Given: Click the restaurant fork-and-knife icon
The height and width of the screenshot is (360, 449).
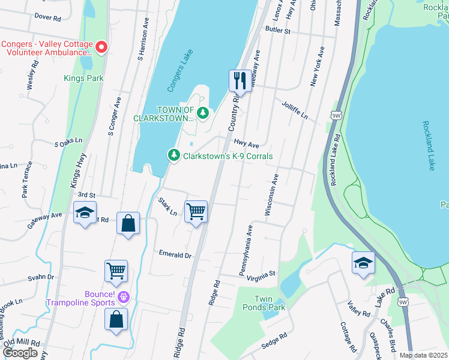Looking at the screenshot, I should pyautogui.click(x=240, y=80).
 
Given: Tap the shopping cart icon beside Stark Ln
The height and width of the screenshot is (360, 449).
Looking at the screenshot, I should pyautogui.click(x=196, y=211).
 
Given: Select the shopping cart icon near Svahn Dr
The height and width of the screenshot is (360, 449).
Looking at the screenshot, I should pyautogui.click(x=116, y=270).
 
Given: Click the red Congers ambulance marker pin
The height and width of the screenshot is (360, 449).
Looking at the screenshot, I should pyautogui.click(x=101, y=46).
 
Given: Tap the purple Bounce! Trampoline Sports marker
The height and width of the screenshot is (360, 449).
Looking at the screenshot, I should pyautogui.click(x=124, y=296).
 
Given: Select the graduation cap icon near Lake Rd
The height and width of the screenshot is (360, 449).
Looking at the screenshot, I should pyautogui.click(x=363, y=263).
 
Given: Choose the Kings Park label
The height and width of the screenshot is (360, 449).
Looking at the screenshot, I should pyautogui.click(x=83, y=78).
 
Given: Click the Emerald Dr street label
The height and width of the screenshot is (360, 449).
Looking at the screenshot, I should pyautogui.click(x=175, y=254).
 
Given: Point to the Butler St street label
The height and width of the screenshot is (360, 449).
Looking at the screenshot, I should pyautogui.click(x=277, y=29).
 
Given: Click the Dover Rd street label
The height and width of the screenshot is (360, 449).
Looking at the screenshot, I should pyautogui.click(x=48, y=18).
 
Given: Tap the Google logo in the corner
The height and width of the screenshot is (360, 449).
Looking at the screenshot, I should pyautogui.click(x=20, y=352).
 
